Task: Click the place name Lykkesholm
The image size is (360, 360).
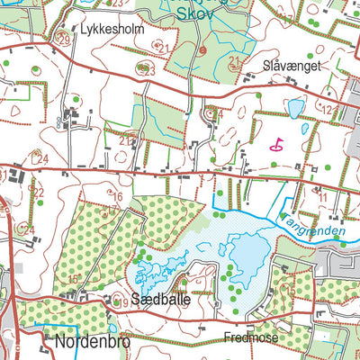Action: tap(112, 28)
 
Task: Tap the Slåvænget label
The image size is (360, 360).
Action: tap(292, 66)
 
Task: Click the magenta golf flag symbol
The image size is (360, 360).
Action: tap(276, 142)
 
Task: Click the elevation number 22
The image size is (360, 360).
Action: tap(38, 192)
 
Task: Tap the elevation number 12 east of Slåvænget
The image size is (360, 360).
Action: tap(332, 110)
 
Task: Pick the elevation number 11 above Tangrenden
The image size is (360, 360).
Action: tap(322, 196)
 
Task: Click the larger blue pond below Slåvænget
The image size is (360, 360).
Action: tap(294, 108)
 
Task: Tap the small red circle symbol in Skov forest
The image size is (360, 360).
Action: tap(203, 50)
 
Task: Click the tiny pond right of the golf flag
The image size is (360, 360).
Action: tap(305, 129)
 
